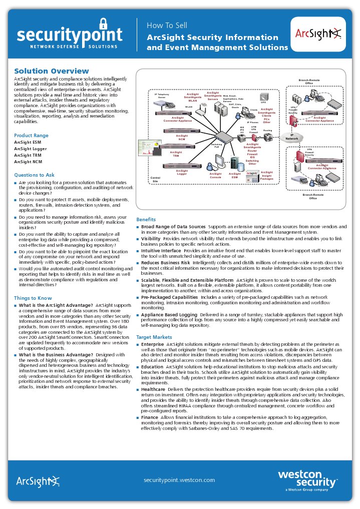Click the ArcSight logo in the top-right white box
[318, 35]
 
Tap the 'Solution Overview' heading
[52, 71]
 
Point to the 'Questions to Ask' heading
[34, 175]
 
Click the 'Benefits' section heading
[146, 219]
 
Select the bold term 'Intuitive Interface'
[161, 250]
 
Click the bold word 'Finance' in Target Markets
[150, 417]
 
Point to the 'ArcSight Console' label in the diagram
[215, 176]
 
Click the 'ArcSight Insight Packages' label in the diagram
[266, 175]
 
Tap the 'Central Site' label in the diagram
[155, 179]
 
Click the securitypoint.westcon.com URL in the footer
[179, 479]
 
